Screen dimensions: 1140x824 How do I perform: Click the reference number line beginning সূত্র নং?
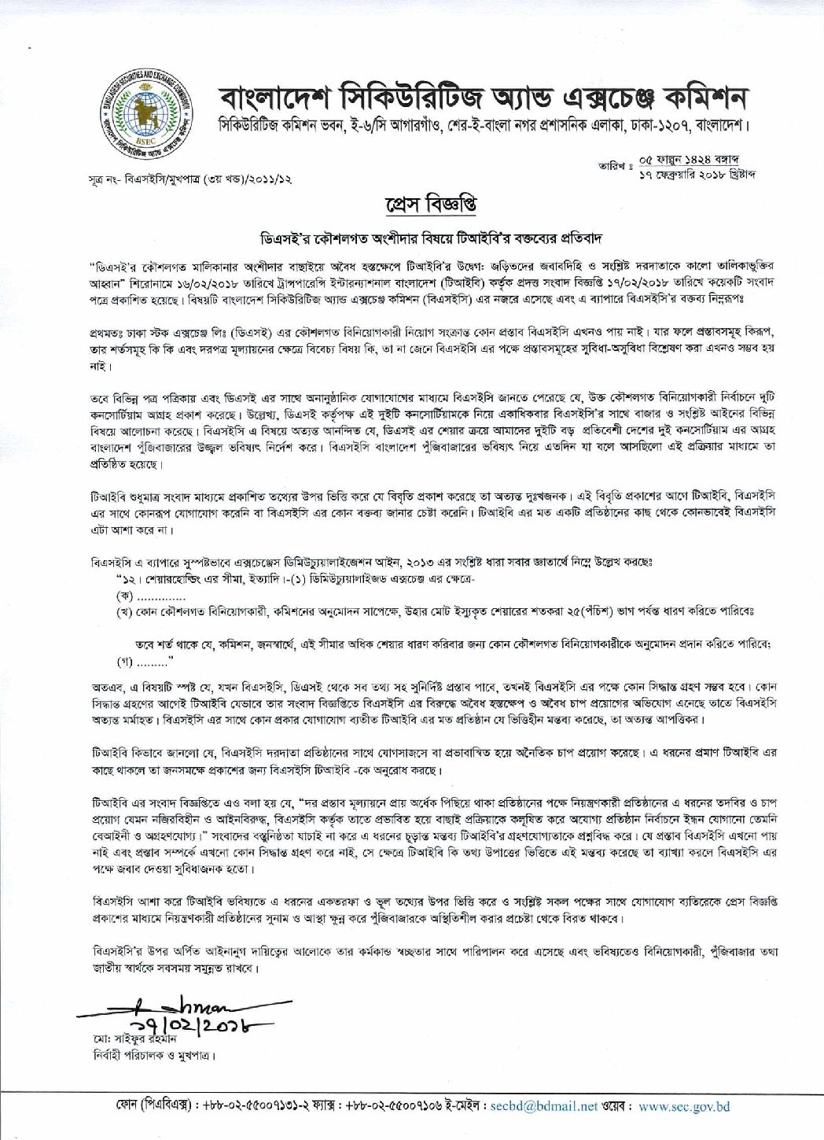tap(189, 179)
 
